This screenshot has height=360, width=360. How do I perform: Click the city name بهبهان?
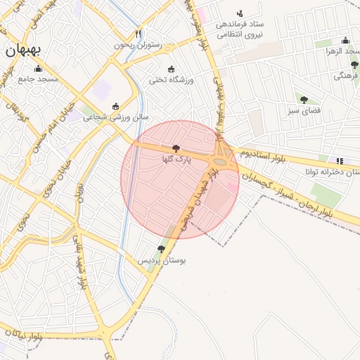click(22, 50)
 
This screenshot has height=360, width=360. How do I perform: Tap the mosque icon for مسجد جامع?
click(38, 69)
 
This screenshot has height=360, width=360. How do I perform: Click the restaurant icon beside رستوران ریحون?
click(139, 34)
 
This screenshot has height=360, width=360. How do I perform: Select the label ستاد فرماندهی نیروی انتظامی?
click(240, 28)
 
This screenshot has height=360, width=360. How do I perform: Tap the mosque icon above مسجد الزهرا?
click(345, 41)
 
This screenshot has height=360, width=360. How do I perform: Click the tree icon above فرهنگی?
click(354, 65)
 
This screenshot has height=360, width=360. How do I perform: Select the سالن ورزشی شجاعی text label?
click(116, 117)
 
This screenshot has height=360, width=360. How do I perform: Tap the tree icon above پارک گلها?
click(175, 149)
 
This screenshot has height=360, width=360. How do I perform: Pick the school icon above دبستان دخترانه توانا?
click(340, 160)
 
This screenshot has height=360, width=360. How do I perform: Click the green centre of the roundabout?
click(221, 162)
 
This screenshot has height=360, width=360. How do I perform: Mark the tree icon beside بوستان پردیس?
click(161, 249)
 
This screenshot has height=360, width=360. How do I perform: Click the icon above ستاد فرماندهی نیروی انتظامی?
click(240, 13)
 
